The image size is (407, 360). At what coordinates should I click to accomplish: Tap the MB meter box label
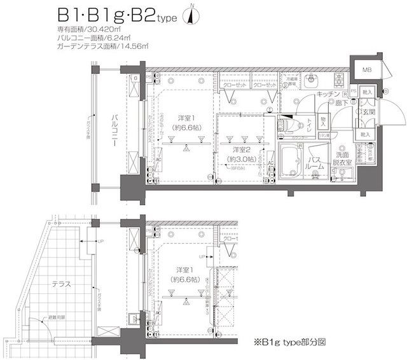(x=368, y=70)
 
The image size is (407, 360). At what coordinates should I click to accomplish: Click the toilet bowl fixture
(x=291, y=121)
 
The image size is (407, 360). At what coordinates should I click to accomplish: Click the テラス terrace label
(x=62, y=284)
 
